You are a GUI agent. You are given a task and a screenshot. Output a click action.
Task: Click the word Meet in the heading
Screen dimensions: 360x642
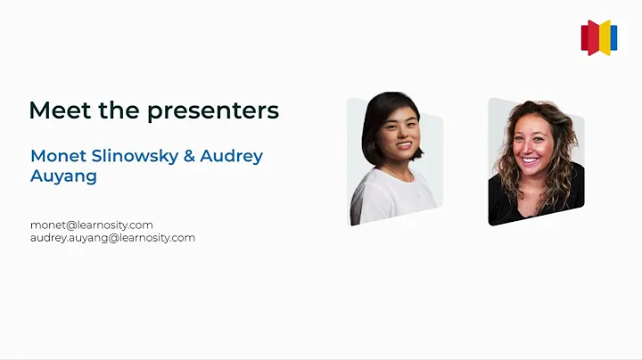coord(56,110)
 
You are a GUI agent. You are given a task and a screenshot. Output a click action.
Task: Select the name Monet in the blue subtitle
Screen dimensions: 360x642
coord(56,156)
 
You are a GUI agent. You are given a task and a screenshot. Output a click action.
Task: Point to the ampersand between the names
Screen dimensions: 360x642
coord(188,156)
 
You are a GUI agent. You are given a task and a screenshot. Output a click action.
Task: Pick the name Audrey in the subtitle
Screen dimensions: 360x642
coord(231,156)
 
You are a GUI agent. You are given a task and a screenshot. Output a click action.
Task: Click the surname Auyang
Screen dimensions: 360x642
coord(63,176)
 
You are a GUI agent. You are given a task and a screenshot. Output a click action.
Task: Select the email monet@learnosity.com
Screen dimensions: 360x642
coord(92,225)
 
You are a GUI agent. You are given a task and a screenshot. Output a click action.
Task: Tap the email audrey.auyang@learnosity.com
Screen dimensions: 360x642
coord(112,238)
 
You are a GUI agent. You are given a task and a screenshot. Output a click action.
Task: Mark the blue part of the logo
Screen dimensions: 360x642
coord(613,37)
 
